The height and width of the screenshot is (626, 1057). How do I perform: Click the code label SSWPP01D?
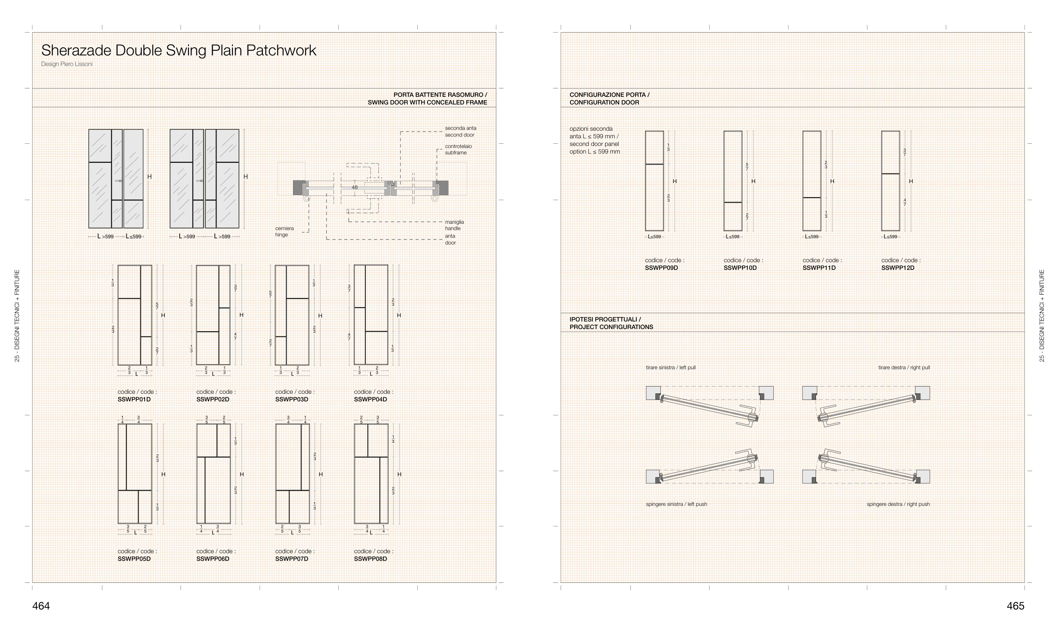coord(134,399)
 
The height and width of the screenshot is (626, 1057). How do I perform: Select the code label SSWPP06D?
coord(213,559)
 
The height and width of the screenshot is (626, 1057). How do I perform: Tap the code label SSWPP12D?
coord(898,268)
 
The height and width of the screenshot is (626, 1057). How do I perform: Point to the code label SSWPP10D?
coord(740,268)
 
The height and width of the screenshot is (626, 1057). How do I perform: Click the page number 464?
coord(41,606)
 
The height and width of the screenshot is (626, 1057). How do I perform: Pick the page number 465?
coord(1015,606)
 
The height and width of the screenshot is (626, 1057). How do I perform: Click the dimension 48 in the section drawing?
coord(355,187)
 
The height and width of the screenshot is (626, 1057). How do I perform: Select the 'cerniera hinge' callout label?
coord(284,231)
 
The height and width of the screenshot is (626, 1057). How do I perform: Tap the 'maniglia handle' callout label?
coord(454,225)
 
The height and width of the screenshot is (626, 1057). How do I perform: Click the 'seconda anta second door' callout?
coord(460,132)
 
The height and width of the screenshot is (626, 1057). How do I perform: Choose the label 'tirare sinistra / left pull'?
coord(671,368)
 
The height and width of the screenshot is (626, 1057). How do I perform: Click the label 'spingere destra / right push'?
coord(898,504)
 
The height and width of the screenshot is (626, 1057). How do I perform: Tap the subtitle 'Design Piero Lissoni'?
coord(67,64)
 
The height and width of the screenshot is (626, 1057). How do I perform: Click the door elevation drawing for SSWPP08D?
coord(371,474)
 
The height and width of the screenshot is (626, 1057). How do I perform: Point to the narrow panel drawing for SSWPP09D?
coord(654,181)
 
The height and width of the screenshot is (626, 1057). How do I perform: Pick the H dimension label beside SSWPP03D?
coord(320,316)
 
